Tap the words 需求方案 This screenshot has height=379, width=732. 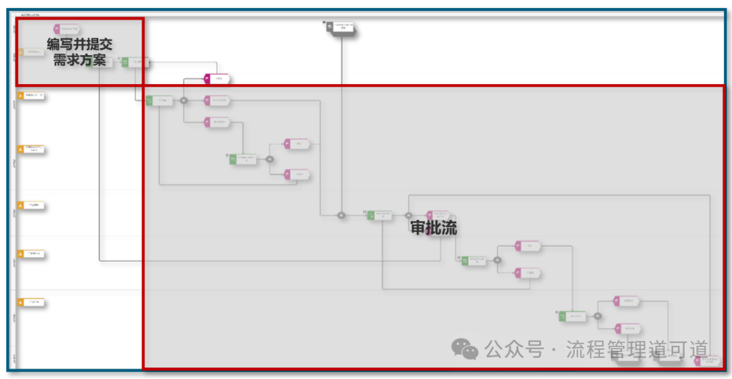click(80, 60)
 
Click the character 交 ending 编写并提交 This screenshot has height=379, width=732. click(105, 45)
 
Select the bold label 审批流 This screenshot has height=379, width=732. click(434, 228)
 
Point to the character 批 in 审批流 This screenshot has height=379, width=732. click(434, 228)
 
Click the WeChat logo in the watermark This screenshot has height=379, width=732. click(465, 349)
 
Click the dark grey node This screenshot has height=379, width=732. click(340, 28)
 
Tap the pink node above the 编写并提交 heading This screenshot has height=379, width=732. click(66, 29)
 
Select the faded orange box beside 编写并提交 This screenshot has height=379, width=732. click(32, 52)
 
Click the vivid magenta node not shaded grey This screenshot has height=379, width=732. click(217, 79)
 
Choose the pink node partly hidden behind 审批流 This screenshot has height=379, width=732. click(438, 216)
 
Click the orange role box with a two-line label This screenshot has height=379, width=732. click(33, 149)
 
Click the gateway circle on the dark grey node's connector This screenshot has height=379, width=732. click(342, 216)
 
